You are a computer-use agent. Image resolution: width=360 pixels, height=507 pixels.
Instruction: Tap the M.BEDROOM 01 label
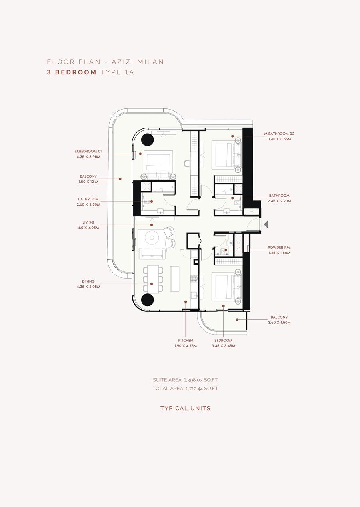tap(88, 151)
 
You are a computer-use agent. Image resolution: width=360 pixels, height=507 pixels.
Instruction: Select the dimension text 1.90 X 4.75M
tap(186, 345)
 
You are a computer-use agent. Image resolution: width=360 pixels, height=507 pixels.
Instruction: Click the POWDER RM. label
tap(279, 248)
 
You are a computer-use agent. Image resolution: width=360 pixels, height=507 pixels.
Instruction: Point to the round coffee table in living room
tap(152, 238)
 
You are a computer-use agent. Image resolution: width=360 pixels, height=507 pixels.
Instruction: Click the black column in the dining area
tap(147, 299)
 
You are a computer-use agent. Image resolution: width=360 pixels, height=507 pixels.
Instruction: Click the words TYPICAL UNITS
tap(185, 408)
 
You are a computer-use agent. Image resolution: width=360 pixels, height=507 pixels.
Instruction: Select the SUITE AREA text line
tap(185, 380)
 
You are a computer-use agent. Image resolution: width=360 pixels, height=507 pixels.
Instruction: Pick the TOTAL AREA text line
tap(185, 388)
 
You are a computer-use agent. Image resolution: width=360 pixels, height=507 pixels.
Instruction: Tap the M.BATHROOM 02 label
tap(279, 134)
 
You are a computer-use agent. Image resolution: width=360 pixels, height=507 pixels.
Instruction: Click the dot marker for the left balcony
tap(120, 179)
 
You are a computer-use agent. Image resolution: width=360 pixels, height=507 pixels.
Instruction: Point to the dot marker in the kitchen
tap(186, 301)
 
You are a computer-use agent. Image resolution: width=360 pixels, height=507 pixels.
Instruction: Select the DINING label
tap(88, 281)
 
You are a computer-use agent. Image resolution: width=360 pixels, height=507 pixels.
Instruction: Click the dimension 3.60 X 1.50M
tap(279, 323)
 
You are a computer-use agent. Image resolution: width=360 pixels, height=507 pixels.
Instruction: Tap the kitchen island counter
tap(175, 279)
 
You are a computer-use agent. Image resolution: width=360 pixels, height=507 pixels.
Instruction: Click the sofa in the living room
tap(152, 254)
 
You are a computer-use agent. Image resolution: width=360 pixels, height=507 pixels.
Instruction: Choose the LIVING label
tap(88, 222)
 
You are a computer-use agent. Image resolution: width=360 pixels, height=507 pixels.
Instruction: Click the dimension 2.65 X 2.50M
tap(88, 204)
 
